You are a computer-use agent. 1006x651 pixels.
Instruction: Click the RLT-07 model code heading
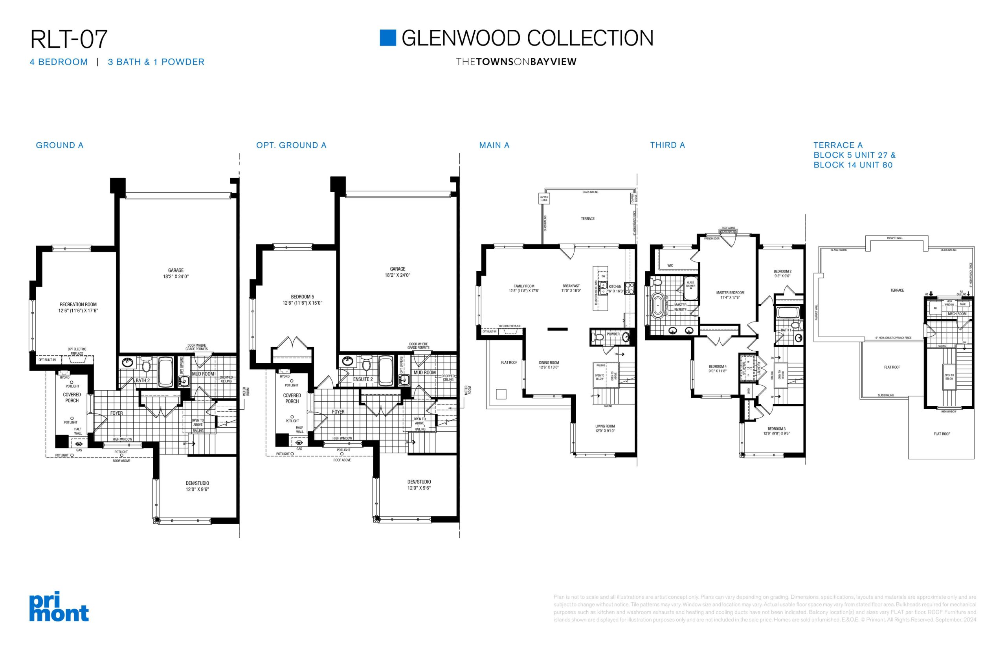(x=69, y=39)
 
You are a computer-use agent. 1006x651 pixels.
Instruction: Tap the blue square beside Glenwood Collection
(x=387, y=38)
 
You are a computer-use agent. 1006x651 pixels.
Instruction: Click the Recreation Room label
(x=78, y=304)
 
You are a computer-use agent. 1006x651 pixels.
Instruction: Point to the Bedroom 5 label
(x=302, y=297)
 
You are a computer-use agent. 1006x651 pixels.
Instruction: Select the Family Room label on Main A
(x=524, y=286)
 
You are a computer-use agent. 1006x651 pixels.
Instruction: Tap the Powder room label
(x=613, y=334)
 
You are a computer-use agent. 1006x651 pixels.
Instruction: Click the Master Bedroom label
(x=730, y=292)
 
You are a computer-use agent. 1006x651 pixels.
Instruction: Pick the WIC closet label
(x=670, y=265)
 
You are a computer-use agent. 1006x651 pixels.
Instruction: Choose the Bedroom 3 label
(x=777, y=428)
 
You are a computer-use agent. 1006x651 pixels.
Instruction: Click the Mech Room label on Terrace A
(x=957, y=314)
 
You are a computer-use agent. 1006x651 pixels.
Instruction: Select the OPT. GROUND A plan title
(x=291, y=145)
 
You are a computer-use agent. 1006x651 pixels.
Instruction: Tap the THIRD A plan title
(x=667, y=145)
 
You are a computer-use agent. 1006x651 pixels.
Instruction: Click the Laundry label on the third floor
(x=759, y=368)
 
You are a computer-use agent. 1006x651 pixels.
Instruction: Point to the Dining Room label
(x=549, y=363)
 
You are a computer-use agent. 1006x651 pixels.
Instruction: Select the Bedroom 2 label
(x=782, y=271)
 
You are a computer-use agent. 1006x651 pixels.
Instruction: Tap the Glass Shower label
(x=690, y=284)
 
